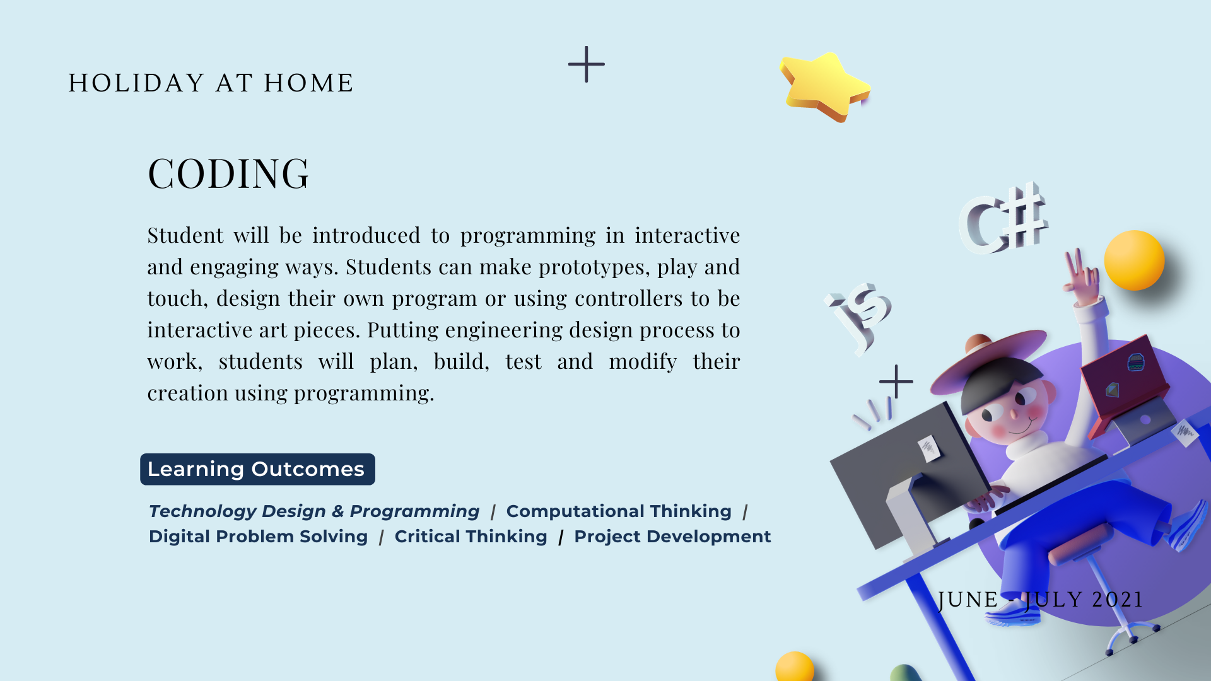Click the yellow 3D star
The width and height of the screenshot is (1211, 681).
click(x=824, y=86)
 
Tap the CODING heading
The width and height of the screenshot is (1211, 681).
click(x=228, y=173)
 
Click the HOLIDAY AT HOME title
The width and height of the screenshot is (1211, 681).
click(x=211, y=83)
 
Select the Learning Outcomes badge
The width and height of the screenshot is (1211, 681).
click(x=257, y=469)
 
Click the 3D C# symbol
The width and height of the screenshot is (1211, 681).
click(x=1003, y=219)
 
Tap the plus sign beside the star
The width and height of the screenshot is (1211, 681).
click(x=587, y=64)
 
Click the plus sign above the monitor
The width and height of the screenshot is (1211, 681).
click(x=896, y=381)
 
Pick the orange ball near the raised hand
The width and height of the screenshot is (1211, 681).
click(x=1134, y=260)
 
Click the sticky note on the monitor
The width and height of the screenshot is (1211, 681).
click(x=928, y=448)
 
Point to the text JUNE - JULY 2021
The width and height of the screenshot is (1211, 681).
click(x=1041, y=600)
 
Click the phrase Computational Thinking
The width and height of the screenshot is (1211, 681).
click(x=619, y=511)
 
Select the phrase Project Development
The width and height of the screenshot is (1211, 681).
click(x=672, y=537)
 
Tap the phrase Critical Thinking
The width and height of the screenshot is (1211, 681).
click(x=471, y=537)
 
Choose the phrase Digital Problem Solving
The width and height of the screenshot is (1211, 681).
click(x=258, y=537)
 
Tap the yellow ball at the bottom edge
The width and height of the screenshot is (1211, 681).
click(x=795, y=666)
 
